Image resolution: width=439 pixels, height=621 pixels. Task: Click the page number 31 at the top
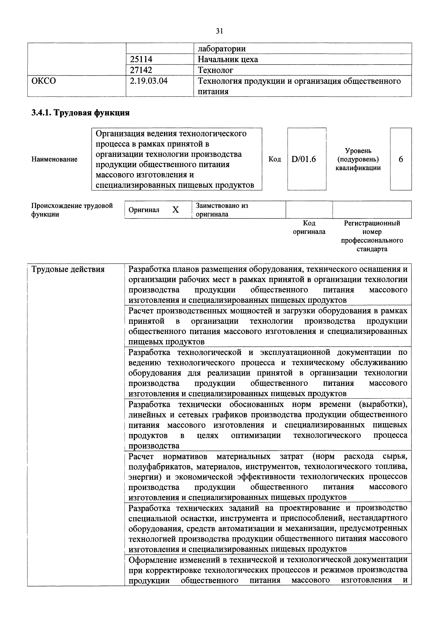point(219,31)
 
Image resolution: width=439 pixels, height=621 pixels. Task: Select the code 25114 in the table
point(141,59)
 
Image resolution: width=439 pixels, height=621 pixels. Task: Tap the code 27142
point(141,70)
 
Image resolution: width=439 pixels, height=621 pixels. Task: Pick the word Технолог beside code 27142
point(215,70)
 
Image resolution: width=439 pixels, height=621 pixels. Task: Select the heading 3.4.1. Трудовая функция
point(80,112)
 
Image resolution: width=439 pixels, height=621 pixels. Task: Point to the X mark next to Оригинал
point(175,210)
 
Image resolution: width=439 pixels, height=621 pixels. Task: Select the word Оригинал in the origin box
point(144,210)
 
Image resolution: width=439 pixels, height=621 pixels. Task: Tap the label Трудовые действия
point(68,269)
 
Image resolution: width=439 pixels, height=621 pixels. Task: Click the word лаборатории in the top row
point(222,49)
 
